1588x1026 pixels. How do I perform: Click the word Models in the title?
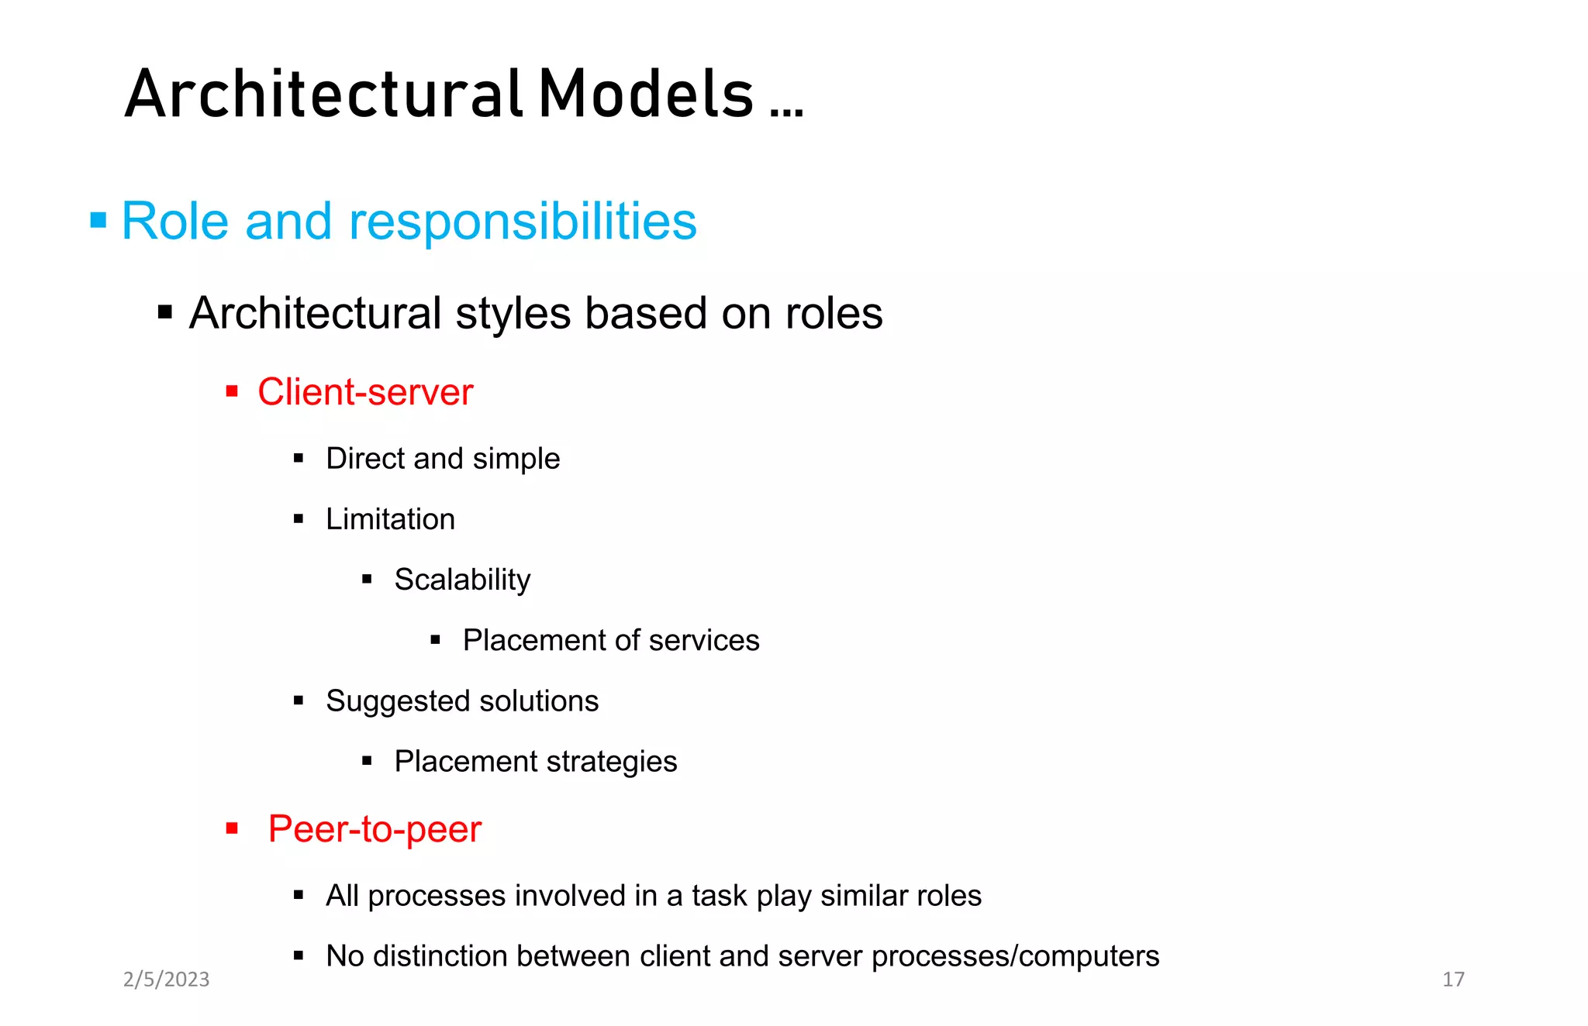(x=646, y=95)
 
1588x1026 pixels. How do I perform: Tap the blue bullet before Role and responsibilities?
(x=98, y=221)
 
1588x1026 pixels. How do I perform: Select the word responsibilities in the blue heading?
(x=523, y=222)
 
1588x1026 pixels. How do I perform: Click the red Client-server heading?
(x=365, y=392)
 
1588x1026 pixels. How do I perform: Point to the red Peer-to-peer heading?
(x=375, y=829)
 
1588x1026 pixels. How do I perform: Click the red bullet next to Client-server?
(x=232, y=391)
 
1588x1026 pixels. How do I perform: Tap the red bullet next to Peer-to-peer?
(x=232, y=828)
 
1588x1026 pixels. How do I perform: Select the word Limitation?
(x=390, y=519)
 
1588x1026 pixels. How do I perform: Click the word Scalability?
(x=462, y=580)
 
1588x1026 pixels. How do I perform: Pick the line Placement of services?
(x=611, y=641)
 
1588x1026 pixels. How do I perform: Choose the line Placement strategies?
(x=536, y=762)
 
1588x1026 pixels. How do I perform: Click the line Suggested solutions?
(x=462, y=701)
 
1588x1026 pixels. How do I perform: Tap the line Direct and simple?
(x=443, y=459)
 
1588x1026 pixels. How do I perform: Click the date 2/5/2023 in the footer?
(x=167, y=980)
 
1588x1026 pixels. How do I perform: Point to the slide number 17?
(x=1453, y=980)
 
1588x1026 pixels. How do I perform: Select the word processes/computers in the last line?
(x=1015, y=956)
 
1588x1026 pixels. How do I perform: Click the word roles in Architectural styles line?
(x=834, y=314)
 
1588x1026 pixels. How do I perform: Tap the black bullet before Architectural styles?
(x=165, y=313)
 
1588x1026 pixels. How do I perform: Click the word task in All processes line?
(x=720, y=896)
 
